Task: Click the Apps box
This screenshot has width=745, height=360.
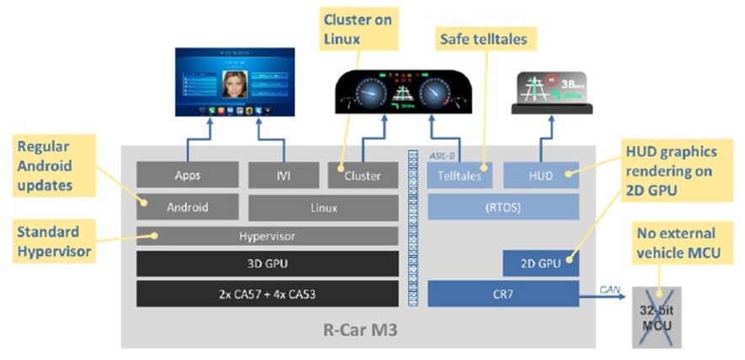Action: click(x=187, y=175)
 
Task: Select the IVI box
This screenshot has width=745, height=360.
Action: click(x=282, y=175)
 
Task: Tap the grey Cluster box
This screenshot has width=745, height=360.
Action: click(x=363, y=175)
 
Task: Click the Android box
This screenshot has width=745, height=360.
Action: click(x=187, y=207)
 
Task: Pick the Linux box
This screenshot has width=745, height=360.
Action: click(x=323, y=207)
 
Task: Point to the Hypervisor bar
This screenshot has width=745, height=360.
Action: click(x=267, y=236)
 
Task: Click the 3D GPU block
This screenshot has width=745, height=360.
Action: click(x=267, y=264)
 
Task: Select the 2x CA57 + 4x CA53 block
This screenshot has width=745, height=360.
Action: click(x=267, y=293)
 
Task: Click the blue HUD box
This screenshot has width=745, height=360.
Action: click(x=541, y=175)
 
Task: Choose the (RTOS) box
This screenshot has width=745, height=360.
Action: click(x=503, y=207)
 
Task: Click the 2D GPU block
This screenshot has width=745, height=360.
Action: click(x=541, y=264)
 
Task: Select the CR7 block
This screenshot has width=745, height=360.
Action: click(x=503, y=293)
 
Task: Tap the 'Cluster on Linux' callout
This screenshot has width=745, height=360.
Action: click(x=356, y=30)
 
